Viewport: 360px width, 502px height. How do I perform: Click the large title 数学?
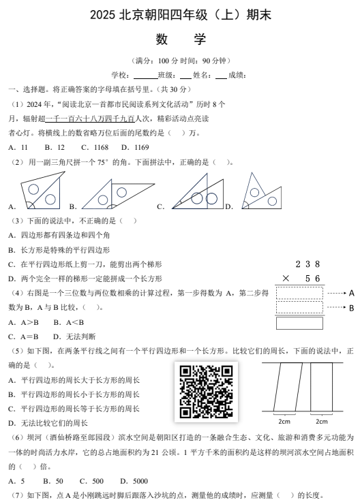(179, 39)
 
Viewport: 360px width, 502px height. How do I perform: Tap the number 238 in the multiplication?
(307, 264)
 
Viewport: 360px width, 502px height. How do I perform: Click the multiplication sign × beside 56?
(285, 279)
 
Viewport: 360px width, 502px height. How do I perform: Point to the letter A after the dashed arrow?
(351, 294)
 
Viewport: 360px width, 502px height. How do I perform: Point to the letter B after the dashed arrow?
(351, 308)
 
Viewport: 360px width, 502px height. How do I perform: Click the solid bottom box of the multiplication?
(299, 323)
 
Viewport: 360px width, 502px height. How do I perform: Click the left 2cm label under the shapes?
(284, 422)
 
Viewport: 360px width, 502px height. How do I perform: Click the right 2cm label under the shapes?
(321, 422)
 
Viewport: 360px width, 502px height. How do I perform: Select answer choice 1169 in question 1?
(141, 147)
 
